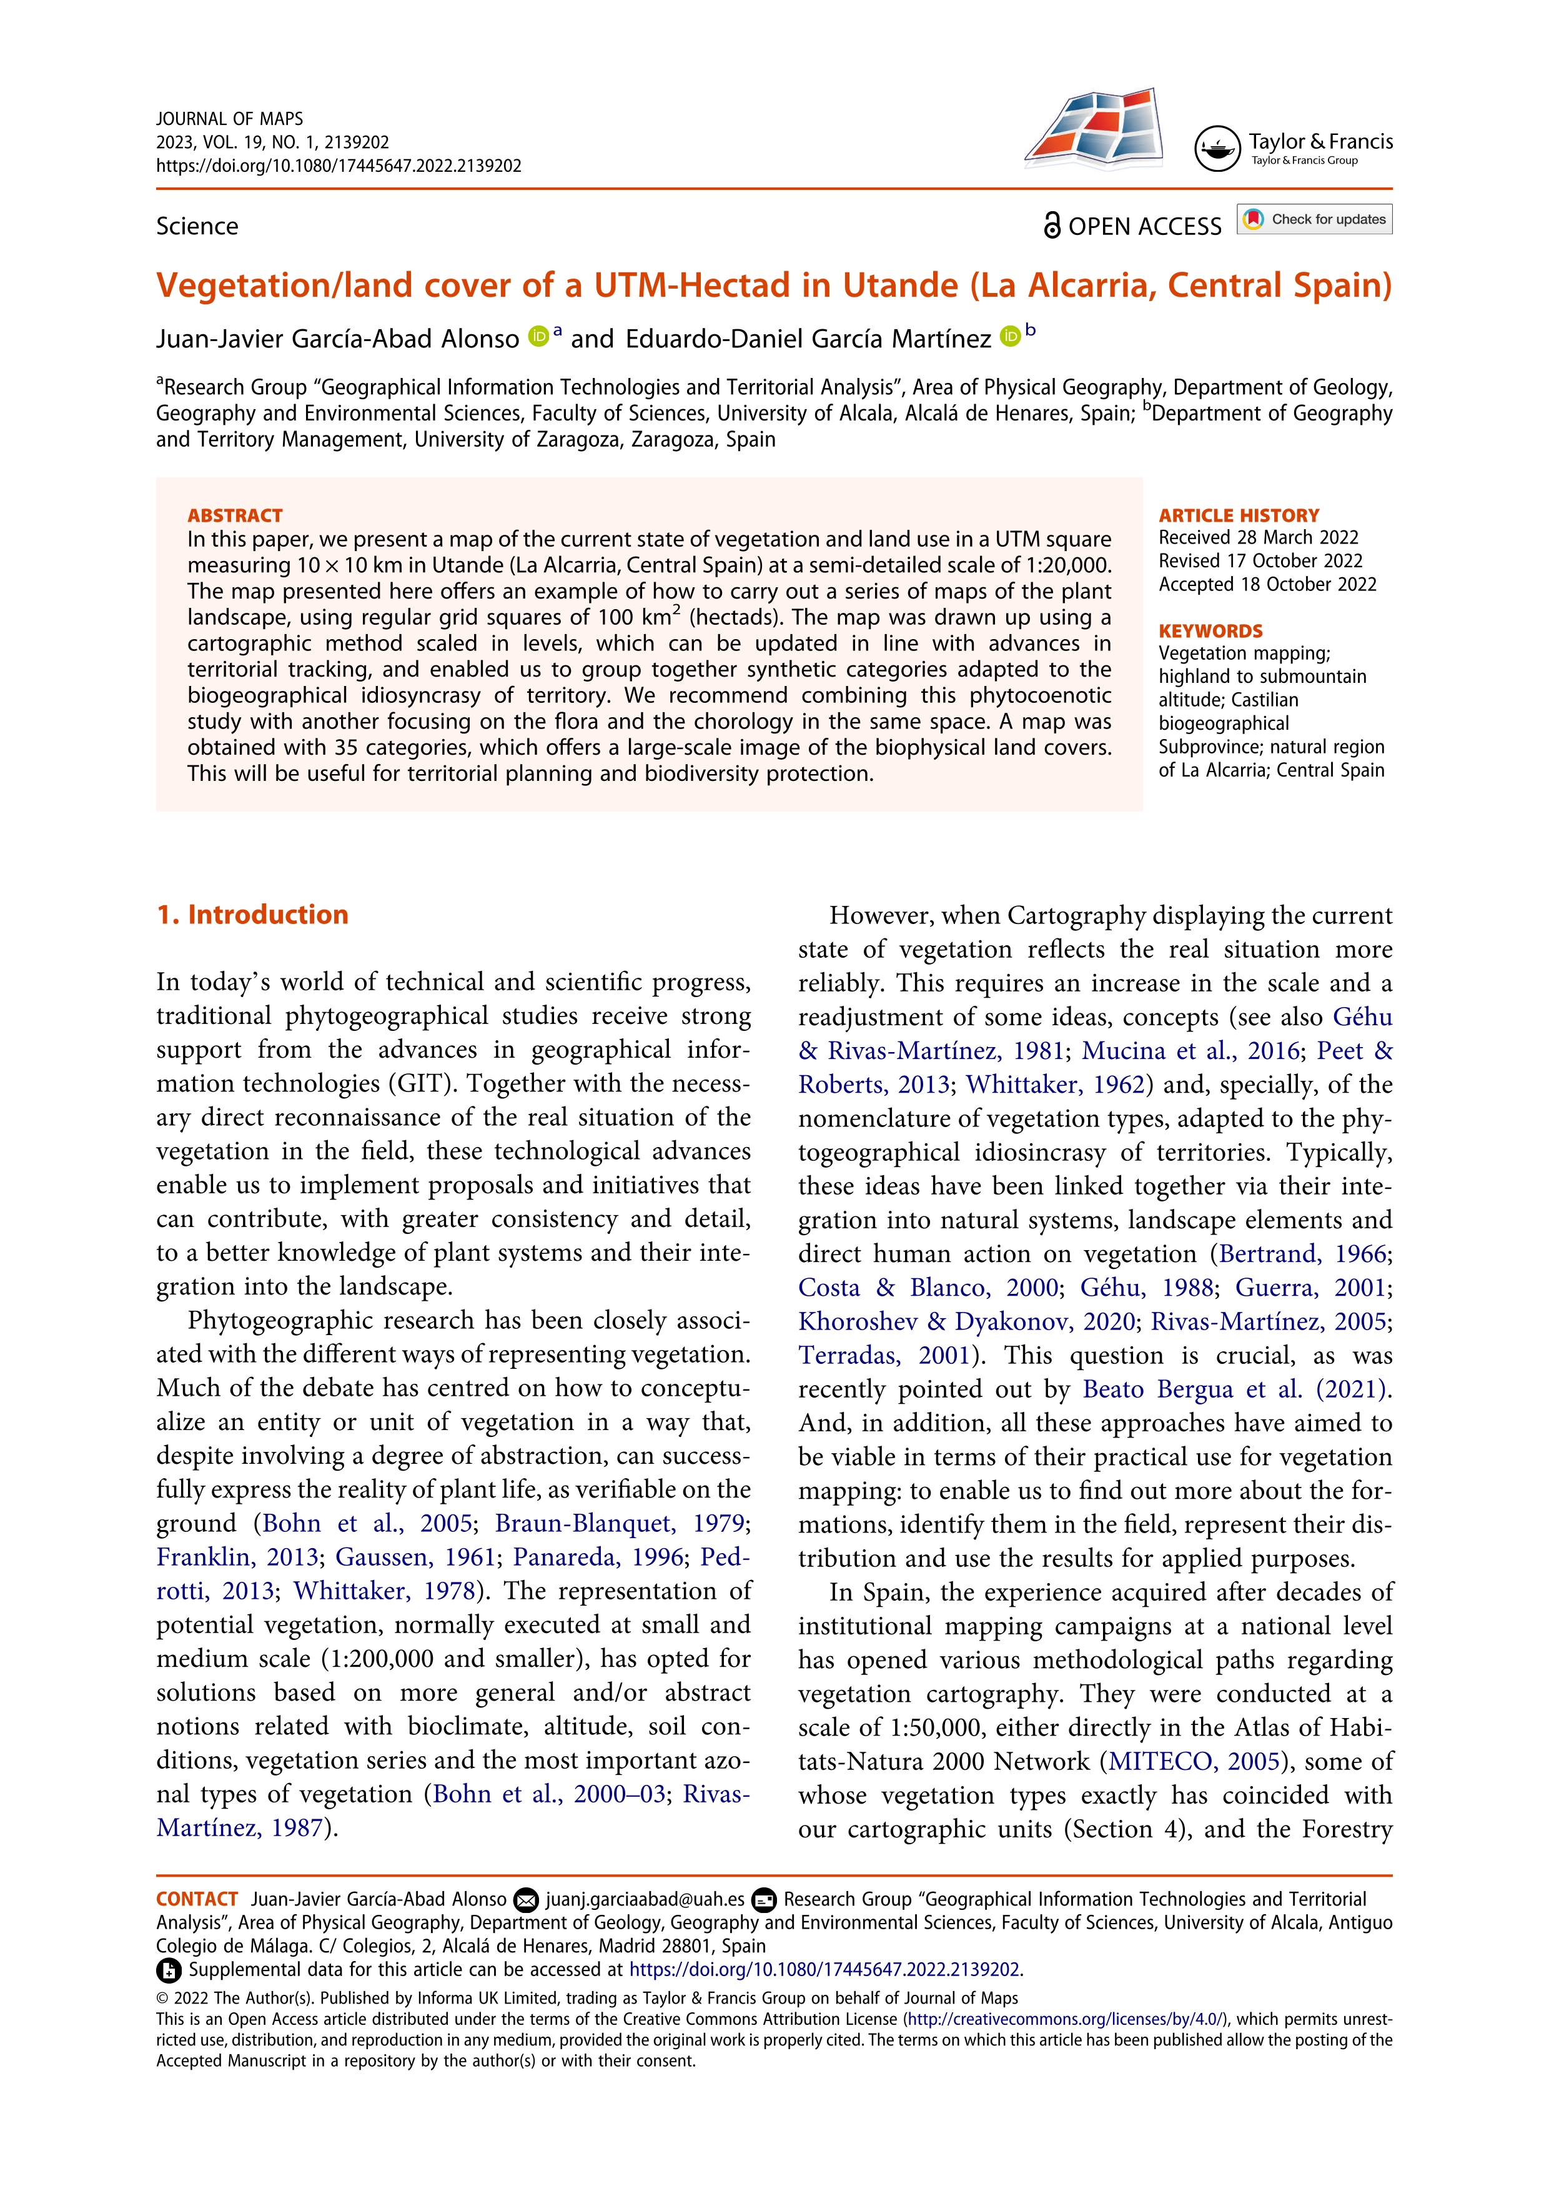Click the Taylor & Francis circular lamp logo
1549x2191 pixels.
click(x=1217, y=148)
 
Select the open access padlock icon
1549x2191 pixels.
click(x=1052, y=226)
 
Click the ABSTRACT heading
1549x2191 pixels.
click(x=235, y=515)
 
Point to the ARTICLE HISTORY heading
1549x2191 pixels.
click(x=1238, y=515)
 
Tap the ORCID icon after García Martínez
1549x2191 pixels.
click(x=1009, y=336)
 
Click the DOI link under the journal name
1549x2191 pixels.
click(x=339, y=165)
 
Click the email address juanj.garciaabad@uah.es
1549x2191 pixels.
click(x=645, y=1899)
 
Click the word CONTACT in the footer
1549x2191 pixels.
click(x=197, y=1899)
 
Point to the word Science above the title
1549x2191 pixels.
click(x=197, y=226)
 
